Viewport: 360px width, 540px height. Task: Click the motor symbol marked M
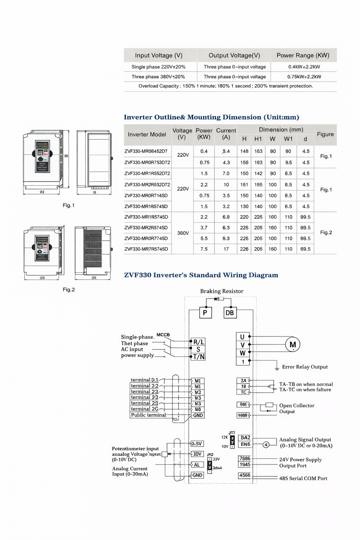click(292, 345)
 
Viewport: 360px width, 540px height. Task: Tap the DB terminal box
click(230, 313)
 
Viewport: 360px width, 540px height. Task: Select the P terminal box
click(205, 313)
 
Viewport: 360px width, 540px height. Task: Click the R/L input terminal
click(198, 342)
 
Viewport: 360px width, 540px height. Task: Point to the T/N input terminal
click(198, 357)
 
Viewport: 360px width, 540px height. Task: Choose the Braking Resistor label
click(221, 291)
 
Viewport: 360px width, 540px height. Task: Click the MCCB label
click(163, 335)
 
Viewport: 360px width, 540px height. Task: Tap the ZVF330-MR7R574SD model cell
click(146, 249)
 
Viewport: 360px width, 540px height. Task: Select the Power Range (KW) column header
click(303, 55)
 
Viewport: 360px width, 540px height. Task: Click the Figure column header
click(325, 134)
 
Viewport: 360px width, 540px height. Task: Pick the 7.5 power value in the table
click(204, 249)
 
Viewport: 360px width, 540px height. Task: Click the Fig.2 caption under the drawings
click(69, 290)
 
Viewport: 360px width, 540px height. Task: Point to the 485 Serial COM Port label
click(303, 478)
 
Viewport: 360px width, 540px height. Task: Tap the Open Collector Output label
click(297, 409)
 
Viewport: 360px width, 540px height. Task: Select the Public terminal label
click(148, 415)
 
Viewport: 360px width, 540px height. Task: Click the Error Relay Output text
click(305, 367)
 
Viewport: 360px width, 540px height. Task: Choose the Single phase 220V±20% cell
click(159, 67)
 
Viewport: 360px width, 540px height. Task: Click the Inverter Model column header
click(147, 134)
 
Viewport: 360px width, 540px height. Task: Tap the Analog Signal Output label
click(305, 439)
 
